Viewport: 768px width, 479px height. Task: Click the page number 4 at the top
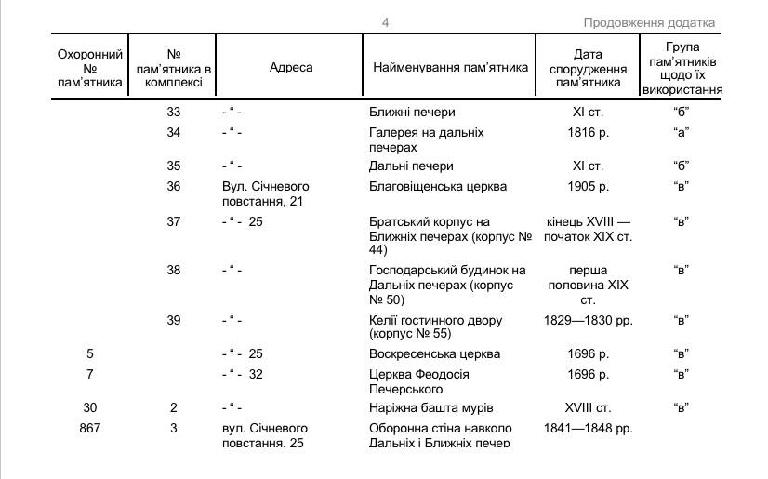coord(385,23)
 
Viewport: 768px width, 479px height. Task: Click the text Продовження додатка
coord(649,23)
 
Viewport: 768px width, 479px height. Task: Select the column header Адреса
coord(291,67)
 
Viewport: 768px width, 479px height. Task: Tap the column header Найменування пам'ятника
coord(450,67)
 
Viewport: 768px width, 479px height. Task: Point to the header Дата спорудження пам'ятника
coord(588,68)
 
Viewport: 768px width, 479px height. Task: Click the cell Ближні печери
coord(412,113)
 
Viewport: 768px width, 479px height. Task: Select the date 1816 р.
coord(588,133)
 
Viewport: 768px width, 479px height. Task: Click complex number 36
coord(174,186)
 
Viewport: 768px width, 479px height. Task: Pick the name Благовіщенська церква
coord(438,186)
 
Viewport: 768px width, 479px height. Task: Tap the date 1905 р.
coord(588,186)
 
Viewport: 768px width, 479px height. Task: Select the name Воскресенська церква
coord(434,353)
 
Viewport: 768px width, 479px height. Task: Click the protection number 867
coord(89,428)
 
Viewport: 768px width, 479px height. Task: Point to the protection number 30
coord(89,407)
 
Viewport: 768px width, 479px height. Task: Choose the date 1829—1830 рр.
coord(588,320)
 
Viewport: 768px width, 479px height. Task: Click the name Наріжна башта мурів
coord(430,407)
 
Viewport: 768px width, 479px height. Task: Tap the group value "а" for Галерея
coord(681,133)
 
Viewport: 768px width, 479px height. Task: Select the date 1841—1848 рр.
coord(588,428)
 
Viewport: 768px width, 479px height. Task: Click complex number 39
coord(174,320)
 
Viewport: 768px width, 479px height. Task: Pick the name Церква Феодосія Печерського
coord(419,381)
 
